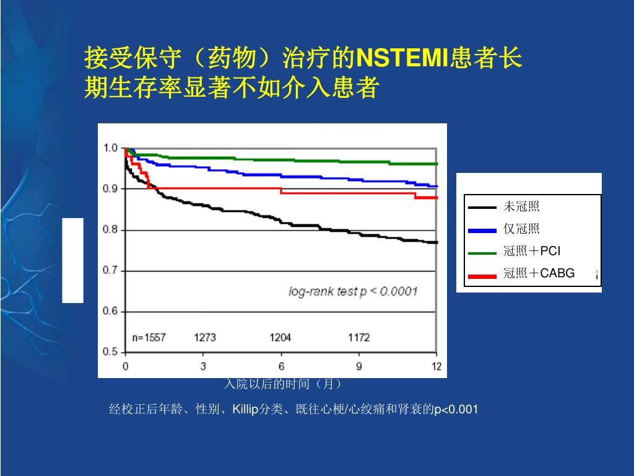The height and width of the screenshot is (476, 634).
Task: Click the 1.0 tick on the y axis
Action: pos(110,148)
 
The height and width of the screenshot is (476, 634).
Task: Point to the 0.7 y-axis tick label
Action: pos(110,271)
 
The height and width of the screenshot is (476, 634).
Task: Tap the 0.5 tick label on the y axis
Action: pos(110,352)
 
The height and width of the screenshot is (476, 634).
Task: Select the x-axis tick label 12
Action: pos(436,366)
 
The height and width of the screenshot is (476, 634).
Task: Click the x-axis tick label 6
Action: pos(281,366)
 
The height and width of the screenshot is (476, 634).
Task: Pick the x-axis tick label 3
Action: pos(203,366)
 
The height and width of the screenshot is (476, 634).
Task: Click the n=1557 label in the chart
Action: pos(149,338)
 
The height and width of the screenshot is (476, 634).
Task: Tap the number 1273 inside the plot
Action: pos(205,338)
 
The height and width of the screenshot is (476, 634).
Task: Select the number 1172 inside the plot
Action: pos(358,338)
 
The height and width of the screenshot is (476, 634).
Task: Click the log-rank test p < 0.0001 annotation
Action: pos(353,291)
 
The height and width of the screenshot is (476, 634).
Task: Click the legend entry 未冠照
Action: pos(521,207)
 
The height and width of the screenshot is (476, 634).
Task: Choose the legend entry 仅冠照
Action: pos(521,229)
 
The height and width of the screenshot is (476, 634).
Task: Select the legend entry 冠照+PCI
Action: pos(532,251)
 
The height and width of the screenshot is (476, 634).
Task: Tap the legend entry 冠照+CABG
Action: pos(539,273)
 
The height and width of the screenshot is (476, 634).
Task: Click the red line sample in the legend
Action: pos(482,276)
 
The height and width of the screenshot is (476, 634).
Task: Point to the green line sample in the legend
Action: pos(482,253)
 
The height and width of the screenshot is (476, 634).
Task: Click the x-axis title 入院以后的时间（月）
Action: pos(282,385)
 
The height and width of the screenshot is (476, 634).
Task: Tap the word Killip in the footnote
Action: pos(245,409)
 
